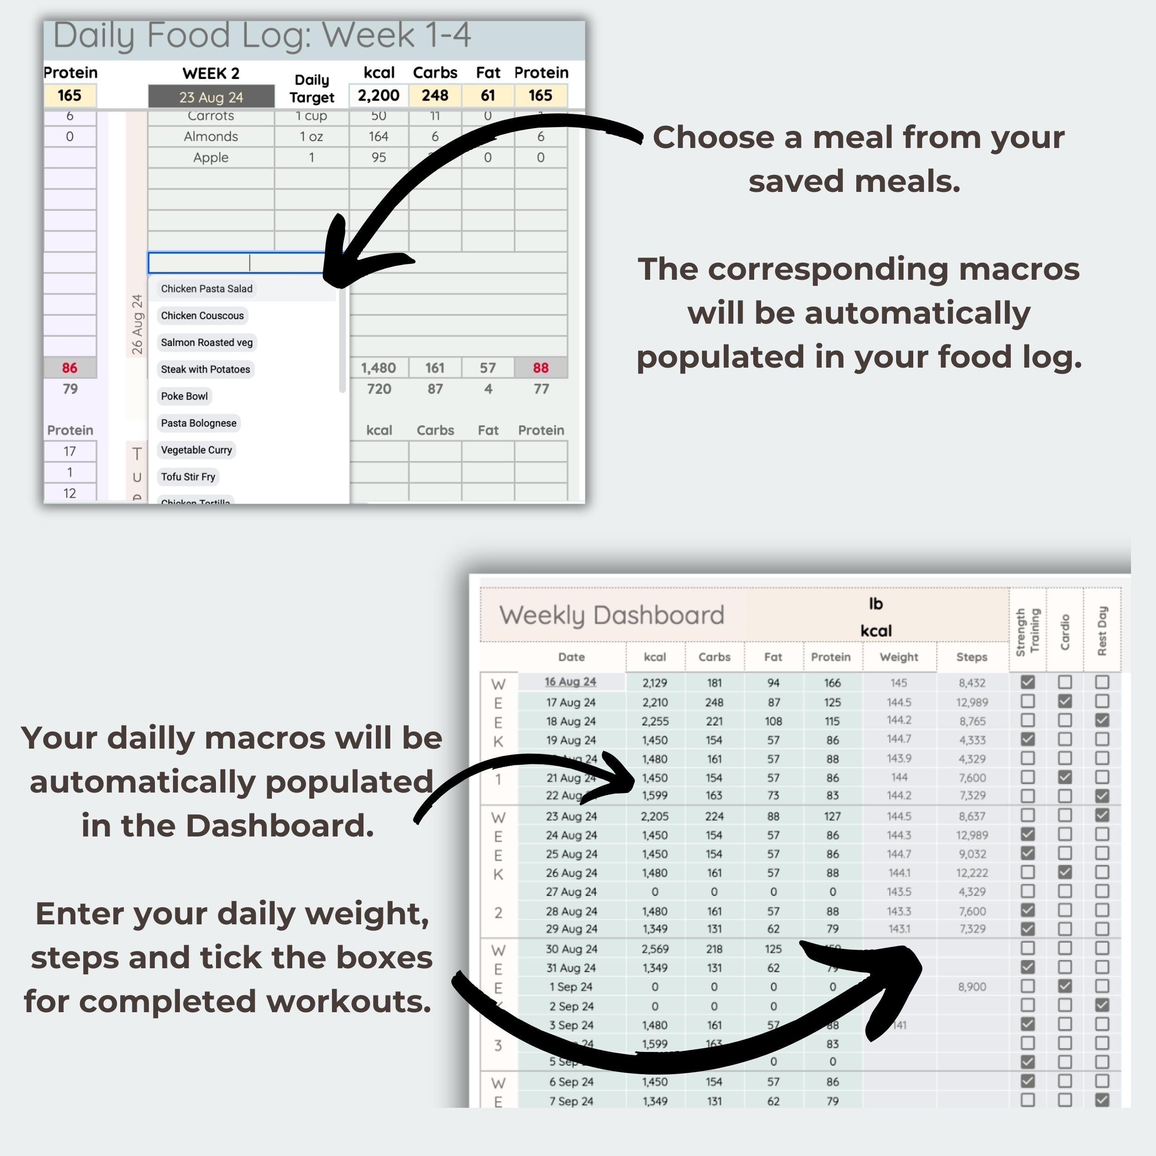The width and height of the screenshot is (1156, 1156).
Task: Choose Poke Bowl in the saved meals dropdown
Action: (x=184, y=396)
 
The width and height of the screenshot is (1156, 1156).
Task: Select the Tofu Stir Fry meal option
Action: (x=188, y=477)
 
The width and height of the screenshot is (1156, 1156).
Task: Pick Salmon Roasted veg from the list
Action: (x=206, y=342)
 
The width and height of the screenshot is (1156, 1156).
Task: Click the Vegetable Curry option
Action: (x=196, y=450)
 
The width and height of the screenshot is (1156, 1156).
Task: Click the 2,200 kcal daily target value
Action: (x=378, y=96)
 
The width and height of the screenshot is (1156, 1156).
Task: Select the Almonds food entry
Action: (x=210, y=136)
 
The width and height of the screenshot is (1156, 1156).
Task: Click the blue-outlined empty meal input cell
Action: (x=236, y=263)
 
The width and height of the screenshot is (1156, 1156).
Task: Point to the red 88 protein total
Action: (x=540, y=368)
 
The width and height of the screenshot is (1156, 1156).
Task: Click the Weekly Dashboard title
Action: (x=611, y=615)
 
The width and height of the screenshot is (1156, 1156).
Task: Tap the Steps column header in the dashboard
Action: (x=971, y=657)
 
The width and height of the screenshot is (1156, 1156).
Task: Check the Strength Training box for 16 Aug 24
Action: (x=1027, y=682)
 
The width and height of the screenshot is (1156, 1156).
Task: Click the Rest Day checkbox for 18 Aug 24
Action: (x=1101, y=720)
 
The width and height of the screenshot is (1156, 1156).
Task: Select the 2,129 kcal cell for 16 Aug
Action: (x=655, y=683)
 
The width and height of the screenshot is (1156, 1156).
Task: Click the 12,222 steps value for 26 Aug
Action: (x=972, y=873)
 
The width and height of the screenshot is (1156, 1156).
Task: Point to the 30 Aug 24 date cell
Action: (x=571, y=949)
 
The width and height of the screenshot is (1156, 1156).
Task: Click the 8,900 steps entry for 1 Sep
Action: (x=972, y=987)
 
